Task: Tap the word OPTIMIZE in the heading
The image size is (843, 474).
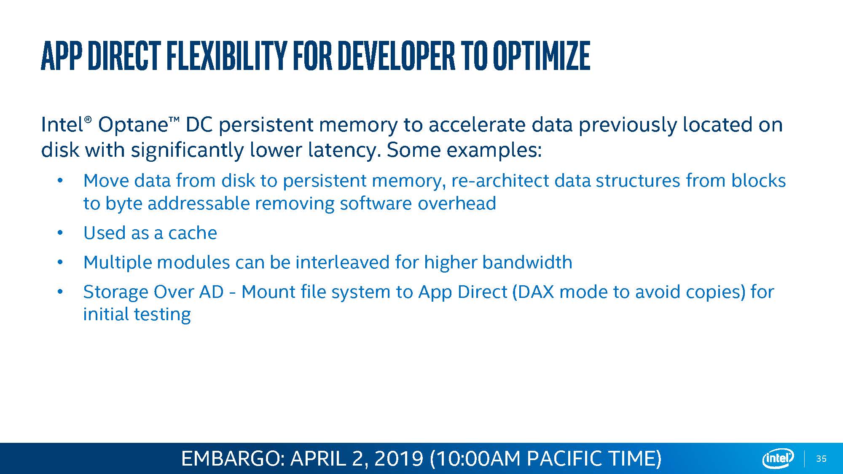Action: (x=541, y=56)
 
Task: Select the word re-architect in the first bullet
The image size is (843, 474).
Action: (x=500, y=181)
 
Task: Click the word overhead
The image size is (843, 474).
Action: (x=457, y=204)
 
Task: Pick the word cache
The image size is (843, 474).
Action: (x=193, y=233)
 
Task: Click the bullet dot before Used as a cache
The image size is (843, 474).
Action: (x=60, y=233)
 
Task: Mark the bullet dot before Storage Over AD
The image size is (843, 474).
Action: (x=60, y=292)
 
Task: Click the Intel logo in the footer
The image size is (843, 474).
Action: (x=778, y=458)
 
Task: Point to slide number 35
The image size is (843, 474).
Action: (x=821, y=459)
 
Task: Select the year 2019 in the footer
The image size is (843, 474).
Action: (x=398, y=458)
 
